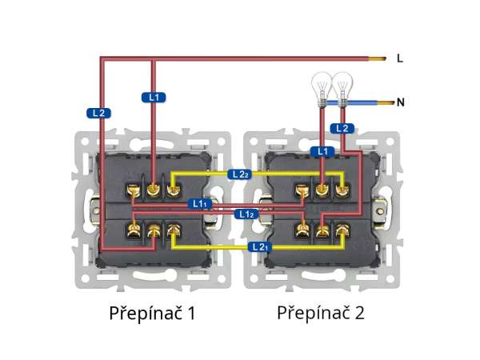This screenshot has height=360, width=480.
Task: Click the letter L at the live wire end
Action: click(x=400, y=58)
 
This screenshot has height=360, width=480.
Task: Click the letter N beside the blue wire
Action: click(x=401, y=102)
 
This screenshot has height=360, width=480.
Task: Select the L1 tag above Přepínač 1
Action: click(x=154, y=97)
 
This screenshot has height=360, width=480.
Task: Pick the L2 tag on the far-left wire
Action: click(x=98, y=113)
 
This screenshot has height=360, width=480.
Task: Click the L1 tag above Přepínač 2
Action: click(x=322, y=150)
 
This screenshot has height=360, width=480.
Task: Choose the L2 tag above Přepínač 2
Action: click(x=342, y=128)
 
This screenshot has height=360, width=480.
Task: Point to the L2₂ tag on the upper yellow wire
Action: click(x=238, y=174)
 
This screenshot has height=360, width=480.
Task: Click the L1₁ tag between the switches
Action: click(x=200, y=204)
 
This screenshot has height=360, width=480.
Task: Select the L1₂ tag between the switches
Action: click(x=246, y=214)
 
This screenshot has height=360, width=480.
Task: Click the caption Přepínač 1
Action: click(x=152, y=313)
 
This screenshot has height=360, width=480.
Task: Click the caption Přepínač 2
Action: click(x=320, y=313)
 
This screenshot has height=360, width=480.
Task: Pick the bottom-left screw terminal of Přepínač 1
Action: click(x=133, y=233)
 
